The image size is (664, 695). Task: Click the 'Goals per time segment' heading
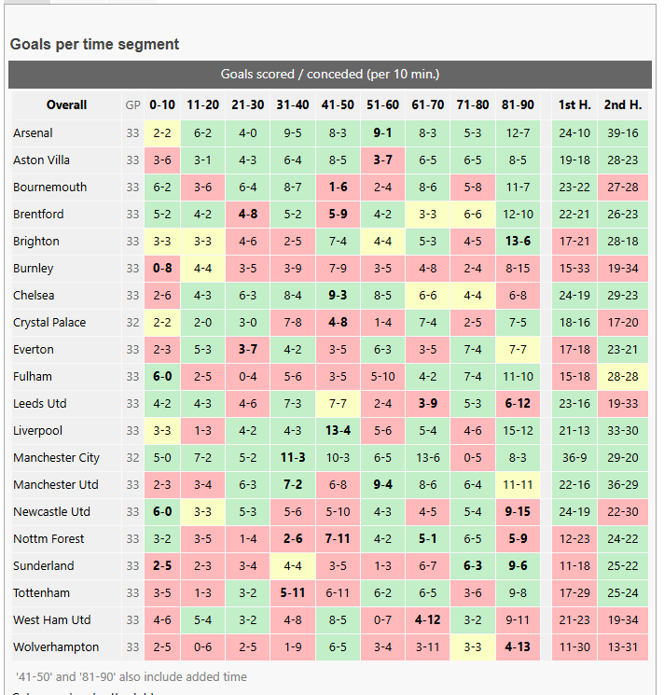click(94, 45)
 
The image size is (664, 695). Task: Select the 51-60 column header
click(382, 105)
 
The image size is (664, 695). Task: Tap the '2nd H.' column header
click(623, 105)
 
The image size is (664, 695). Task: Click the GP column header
click(132, 105)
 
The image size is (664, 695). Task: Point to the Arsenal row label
click(33, 133)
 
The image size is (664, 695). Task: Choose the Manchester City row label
click(56, 457)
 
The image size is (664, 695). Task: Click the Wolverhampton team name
click(56, 647)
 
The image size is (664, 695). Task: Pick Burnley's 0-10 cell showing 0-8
click(162, 268)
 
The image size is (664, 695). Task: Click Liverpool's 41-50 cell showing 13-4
click(338, 430)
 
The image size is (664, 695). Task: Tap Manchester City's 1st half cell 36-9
click(574, 457)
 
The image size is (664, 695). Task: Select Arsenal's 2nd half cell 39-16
click(623, 133)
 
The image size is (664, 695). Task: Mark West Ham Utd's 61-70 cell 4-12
click(428, 619)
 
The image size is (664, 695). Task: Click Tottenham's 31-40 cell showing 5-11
click(293, 592)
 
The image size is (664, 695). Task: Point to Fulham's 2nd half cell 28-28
click(623, 376)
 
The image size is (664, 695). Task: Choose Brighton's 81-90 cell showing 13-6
click(518, 241)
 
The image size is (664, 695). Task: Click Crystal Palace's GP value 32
click(132, 322)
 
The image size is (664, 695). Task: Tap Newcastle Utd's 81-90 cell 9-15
click(518, 511)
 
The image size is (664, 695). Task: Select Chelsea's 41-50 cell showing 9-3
click(338, 295)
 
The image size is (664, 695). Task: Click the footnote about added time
click(131, 677)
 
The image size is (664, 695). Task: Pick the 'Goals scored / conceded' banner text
click(330, 74)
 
